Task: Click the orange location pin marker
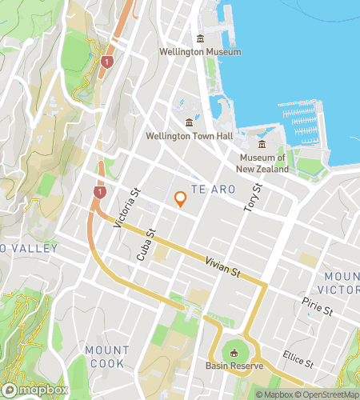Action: click(180, 199)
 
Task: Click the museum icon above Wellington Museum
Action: click(200, 38)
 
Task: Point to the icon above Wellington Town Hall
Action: click(189, 122)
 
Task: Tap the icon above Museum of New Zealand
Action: click(262, 144)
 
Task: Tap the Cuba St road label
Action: click(145, 246)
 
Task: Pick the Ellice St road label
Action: click(298, 362)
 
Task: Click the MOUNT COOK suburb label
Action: click(106, 357)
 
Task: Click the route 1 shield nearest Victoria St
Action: click(98, 193)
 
